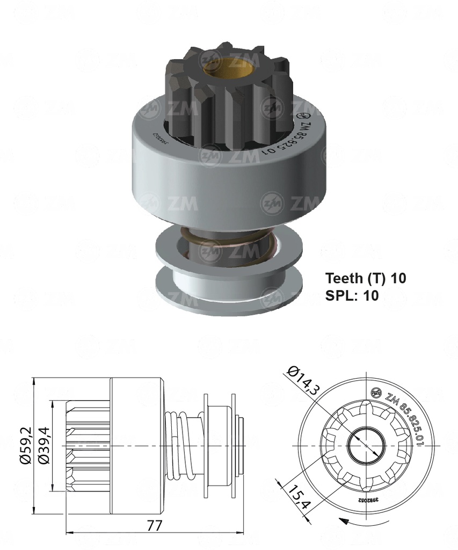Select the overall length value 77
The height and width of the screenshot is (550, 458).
[x=154, y=526]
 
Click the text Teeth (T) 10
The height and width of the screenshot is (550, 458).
[x=365, y=278]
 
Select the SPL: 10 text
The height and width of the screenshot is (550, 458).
[x=352, y=295]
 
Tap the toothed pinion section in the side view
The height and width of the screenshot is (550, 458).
[x=87, y=446]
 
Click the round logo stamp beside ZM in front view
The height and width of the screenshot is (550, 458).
[x=377, y=392]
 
